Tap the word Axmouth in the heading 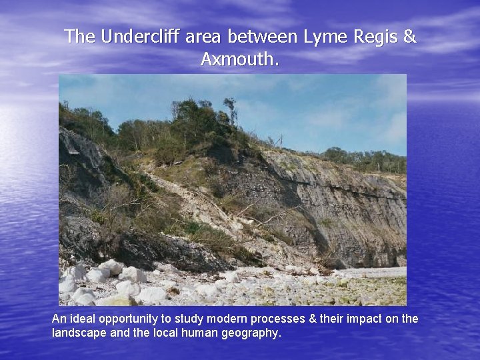(237, 60)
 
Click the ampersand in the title (409, 37)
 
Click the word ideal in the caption (82, 319)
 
